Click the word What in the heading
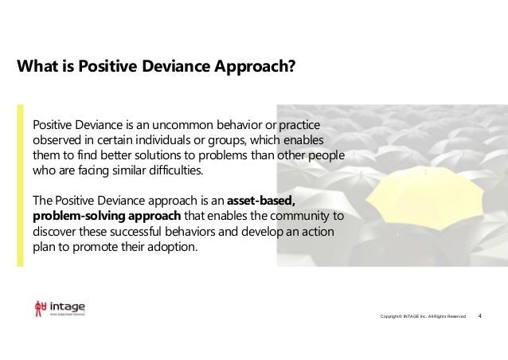pyautogui.click(x=37, y=65)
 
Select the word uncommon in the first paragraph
pyautogui.click(x=193, y=126)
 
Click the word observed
pyautogui.click(x=58, y=140)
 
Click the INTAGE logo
pyautogui.click(x=60, y=308)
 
